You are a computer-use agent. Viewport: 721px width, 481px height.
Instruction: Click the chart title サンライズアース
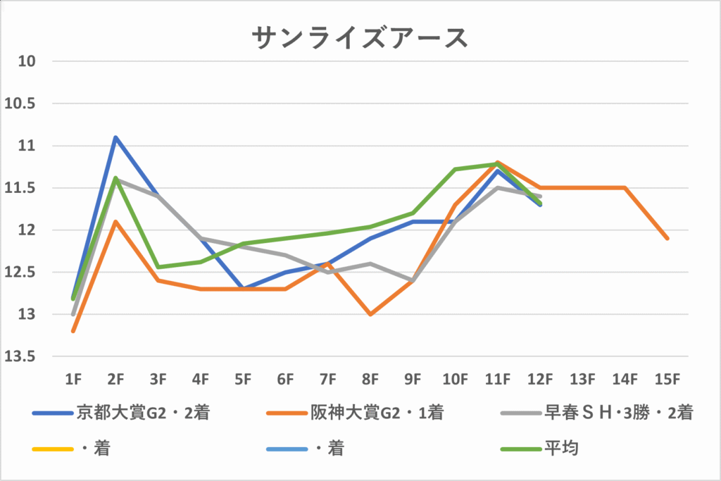(x=359, y=38)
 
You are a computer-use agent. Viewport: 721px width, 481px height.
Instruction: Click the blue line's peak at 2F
(x=115, y=137)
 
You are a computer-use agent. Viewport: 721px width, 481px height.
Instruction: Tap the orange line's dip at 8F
(x=370, y=314)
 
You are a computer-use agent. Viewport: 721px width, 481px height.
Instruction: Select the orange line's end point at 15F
(x=667, y=239)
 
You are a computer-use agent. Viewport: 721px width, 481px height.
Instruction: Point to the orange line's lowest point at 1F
(x=73, y=331)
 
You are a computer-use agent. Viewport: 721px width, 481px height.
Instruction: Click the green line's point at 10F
(x=455, y=169)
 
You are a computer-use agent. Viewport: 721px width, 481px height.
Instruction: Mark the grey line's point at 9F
(x=413, y=280)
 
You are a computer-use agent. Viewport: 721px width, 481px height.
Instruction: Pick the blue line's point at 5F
(x=243, y=289)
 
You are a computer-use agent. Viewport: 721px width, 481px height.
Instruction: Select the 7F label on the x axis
(x=327, y=380)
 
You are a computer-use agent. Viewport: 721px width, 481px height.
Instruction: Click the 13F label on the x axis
(x=582, y=380)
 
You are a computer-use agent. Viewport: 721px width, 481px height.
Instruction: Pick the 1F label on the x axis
(x=73, y=380)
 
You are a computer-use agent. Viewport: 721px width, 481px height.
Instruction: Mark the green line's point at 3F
(x=158, y=267)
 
